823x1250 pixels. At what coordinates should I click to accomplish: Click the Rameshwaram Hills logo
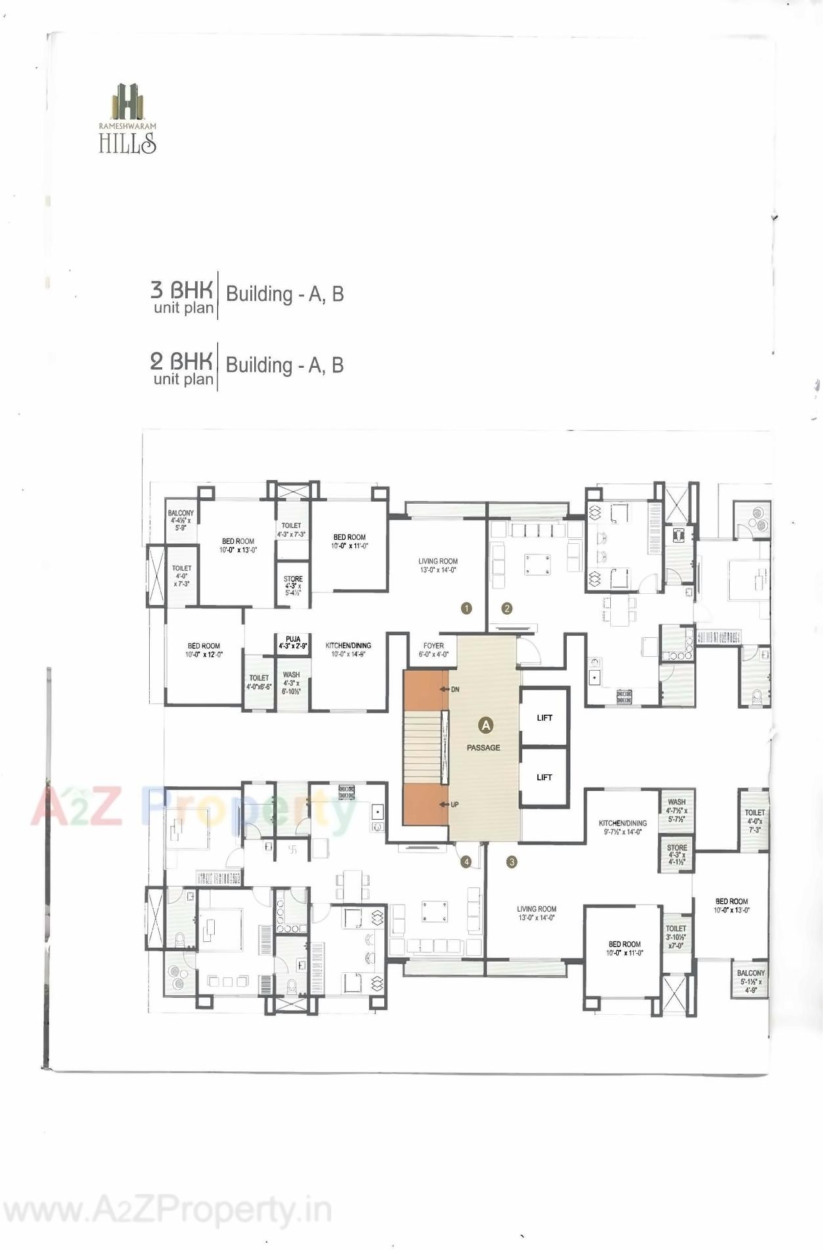tap(127, 118)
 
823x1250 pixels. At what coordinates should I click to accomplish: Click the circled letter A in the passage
tap(485, 725)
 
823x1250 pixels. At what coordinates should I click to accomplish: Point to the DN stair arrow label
tap(455, 690)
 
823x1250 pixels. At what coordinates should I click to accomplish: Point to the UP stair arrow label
tap(454, 805)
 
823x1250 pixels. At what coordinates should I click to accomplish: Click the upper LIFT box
tap(545, 717)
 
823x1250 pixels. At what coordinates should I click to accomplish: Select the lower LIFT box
tap(545, 777)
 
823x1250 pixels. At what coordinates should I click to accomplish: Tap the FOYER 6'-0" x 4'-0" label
tap(434, 650)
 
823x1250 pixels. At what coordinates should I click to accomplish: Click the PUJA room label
tap(293, 642)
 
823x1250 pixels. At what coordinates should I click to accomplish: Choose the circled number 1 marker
tap(466, 608)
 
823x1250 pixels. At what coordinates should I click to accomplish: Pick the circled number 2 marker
tap(506, 608)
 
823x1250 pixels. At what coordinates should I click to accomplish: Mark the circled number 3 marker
tap(512, 862)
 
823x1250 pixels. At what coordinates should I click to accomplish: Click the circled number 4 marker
tap(466, 862)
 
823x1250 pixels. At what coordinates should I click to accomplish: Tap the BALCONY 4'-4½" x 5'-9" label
tap(181, 520)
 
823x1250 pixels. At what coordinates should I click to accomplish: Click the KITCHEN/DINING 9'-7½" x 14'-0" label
tap(623, 827)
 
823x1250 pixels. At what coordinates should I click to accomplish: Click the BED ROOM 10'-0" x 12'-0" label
tap(204, 650)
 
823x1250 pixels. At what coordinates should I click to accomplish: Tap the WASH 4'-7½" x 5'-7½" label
tap(677, 811)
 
